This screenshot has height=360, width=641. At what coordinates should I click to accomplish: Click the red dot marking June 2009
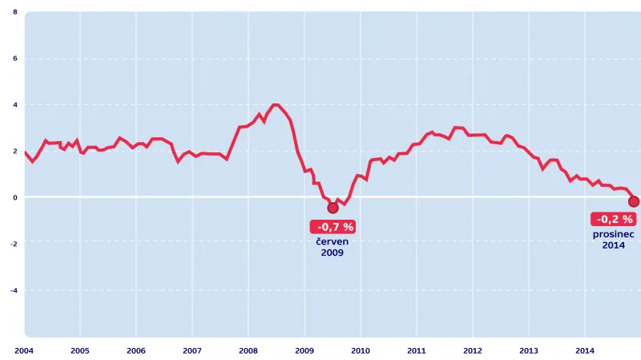tap(333, 208)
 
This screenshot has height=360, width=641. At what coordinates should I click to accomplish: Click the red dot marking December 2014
tap(634, 201)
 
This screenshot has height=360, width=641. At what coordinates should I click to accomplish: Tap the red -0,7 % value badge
tap(333, 227)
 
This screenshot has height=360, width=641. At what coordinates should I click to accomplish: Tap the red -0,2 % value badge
tap(615, 219)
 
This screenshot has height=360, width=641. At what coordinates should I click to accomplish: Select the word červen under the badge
tap(333, 241)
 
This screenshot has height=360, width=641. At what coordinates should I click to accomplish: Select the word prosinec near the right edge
tap(614, 233)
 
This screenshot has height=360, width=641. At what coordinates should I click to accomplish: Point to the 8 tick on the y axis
tap(16, 12)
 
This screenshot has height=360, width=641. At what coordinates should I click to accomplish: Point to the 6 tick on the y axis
tap(16, 59)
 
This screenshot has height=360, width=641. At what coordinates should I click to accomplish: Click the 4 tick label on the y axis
tap(16, 104)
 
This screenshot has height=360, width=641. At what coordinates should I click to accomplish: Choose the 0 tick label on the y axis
tap(16, 197)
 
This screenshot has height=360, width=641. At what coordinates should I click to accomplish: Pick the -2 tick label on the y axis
tap(14, 244)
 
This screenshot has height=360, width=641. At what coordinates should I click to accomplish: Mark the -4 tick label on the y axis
tap(14, 290)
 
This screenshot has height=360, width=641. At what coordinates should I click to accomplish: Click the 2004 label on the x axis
tap(23, 350)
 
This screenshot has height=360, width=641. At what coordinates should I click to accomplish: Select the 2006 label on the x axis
tap(136, 350)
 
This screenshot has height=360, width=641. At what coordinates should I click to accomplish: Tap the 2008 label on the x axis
tap(248, 350)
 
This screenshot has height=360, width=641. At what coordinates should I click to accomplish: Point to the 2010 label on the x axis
tap(361, 350)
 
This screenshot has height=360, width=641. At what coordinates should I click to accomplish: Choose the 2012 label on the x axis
tap(473, 350)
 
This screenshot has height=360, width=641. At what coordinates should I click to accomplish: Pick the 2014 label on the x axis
tap(585, 350)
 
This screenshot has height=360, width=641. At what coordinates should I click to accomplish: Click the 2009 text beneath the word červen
tap(333, 253)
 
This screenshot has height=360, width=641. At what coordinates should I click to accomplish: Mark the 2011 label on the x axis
tap(417, 350)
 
